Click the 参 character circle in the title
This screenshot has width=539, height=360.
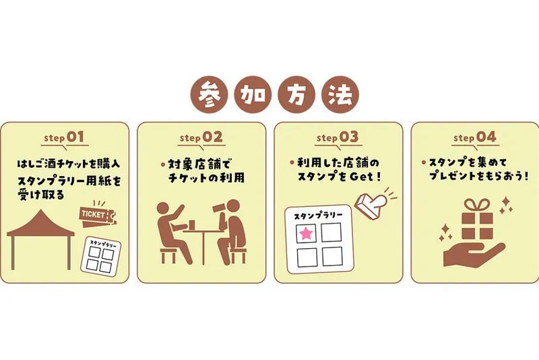tap(210, 94)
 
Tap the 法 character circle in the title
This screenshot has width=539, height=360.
tap(340, 94)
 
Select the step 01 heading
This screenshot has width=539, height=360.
tap(64, 138)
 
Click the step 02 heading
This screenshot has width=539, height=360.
tap(201, 138)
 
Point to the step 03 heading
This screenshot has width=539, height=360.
tap(338, 138)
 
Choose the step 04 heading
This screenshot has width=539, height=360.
tap(475, 138)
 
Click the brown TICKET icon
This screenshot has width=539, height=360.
tap(98, 215)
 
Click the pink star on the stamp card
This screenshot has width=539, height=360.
tap(306, 234)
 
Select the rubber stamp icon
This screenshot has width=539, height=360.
tap(372, 203)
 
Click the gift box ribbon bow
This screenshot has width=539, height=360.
tap(477, 205)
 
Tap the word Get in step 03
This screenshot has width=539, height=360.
tap(361, 177)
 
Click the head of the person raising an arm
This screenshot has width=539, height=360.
tap(163, 209)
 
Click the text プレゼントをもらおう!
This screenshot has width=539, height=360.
tap(478, 176)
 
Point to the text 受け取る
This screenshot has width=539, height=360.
tap(41, 195)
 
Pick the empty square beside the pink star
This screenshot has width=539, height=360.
tap(331, 233)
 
